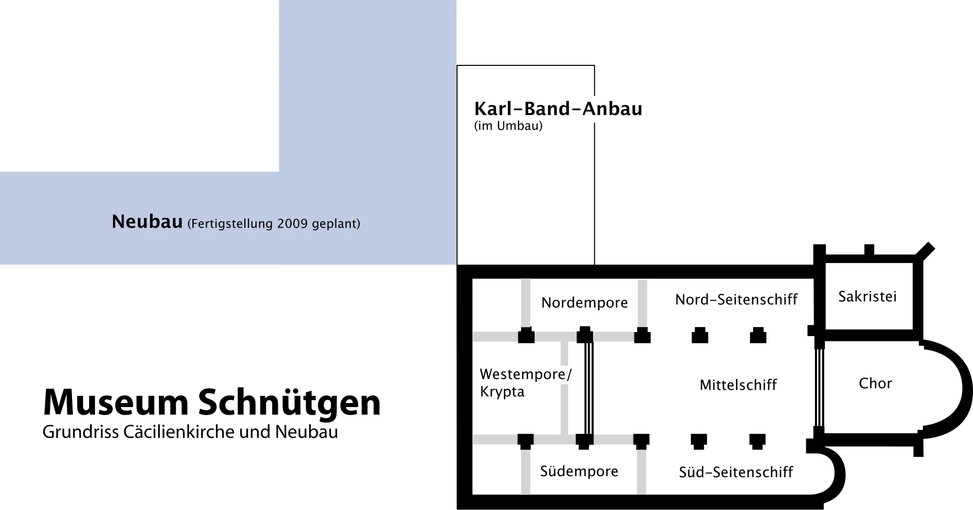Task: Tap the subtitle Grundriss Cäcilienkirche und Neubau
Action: [190, 432]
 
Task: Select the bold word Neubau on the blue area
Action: [147, 222]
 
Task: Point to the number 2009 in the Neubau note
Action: [292, 224]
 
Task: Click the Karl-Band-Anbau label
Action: [558, 109]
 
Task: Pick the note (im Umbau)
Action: [508, 126]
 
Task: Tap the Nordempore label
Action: [584, 303]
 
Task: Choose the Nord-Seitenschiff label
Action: [736, 300]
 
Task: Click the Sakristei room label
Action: [868, 297]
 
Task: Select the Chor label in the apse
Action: [875, 383]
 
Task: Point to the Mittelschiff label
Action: [738, 385]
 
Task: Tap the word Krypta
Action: [502, 392]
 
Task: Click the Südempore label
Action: [579, 471]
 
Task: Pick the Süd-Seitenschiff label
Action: [736, 472]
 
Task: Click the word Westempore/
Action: [526, 374]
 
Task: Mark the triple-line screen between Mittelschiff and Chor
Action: [819, 388]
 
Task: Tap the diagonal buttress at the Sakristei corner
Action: [925, 252]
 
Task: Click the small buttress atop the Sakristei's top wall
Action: [869, 250]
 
